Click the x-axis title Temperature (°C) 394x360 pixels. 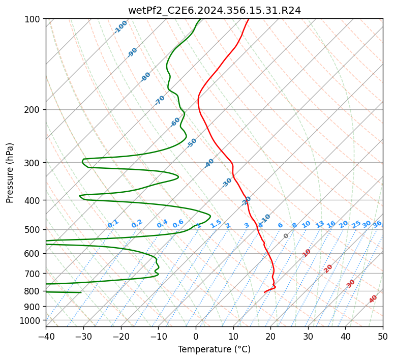click(x=214, y=349)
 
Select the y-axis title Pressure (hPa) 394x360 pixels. click(x=10, y=173)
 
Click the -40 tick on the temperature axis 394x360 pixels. click(x=46, y=337)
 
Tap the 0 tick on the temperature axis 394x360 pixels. click(x=196, y=337)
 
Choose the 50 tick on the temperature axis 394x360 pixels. click(x=383, y=337)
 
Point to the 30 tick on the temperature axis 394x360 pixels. click(x=308, y=337)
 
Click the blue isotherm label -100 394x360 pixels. click(x=120, y=27)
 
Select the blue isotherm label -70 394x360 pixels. click(x=160, y=100)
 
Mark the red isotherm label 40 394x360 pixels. click(x=373, y=299)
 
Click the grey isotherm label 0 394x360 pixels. click(x=286, y=236)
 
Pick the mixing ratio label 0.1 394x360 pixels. click(x=113, y=224)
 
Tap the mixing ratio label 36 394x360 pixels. click(x=377, y=224)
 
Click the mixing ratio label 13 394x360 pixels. click(x=320, y=224)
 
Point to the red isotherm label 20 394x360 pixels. click(x=328, y=268)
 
